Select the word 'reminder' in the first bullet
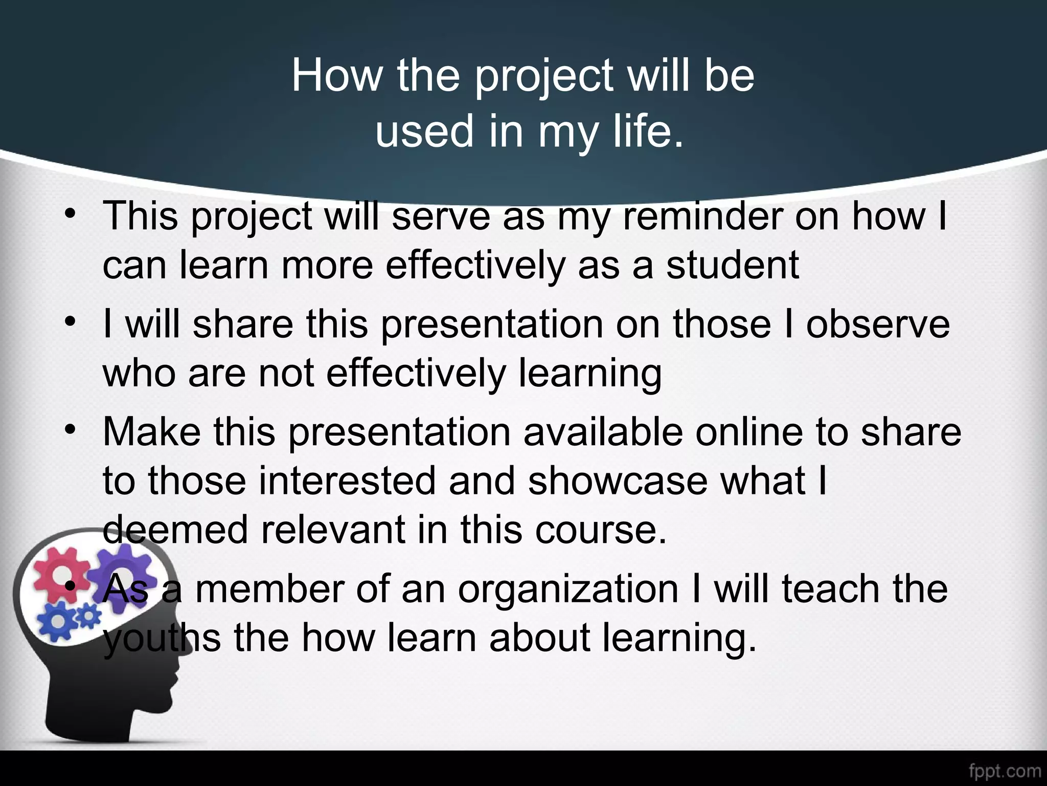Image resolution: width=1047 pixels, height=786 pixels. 702,216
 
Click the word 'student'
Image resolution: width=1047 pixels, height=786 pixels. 732,265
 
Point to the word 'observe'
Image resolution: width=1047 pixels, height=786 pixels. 877,324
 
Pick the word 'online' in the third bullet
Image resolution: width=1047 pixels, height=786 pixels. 748,432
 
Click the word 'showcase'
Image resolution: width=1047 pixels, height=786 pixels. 618,481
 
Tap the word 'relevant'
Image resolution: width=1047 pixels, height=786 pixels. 333,529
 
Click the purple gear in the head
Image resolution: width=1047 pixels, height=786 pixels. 122,573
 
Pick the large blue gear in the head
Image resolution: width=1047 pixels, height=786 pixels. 57,621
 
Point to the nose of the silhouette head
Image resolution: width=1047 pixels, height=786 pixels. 177,670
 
